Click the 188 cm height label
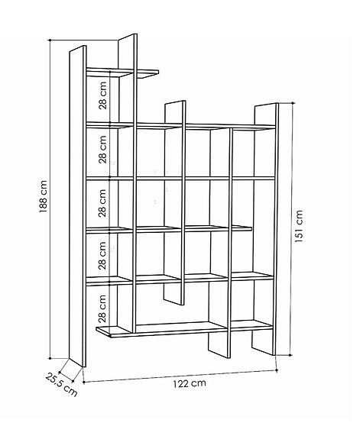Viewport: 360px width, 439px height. coord(43,196)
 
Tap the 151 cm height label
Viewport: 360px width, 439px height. coord(299,226)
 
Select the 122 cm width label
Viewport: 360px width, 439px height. coord(190,383)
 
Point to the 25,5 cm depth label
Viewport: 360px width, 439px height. coord(61,384)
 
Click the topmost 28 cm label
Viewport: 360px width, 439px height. coord(102,95)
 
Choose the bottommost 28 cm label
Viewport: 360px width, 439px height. coord(102,308)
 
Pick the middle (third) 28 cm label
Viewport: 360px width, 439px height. coord(102,203)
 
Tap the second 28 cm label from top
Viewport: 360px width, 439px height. coord(102,150)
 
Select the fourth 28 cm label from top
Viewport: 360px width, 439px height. coord(102,256)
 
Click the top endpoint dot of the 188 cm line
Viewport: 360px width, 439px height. coord(50,40)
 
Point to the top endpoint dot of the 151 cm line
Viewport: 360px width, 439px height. coord(293,103)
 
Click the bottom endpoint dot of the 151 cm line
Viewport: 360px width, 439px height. coord(290,355)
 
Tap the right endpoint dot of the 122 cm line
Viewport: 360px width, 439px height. coord(277,370)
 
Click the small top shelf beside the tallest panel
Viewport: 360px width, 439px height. coord(122,73)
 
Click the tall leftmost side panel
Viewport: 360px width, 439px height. coord(78,206)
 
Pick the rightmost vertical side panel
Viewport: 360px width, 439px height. coord(265,229)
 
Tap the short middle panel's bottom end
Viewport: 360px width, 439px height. coord(174,302)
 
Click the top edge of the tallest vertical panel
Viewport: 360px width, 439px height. coord(128,37)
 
